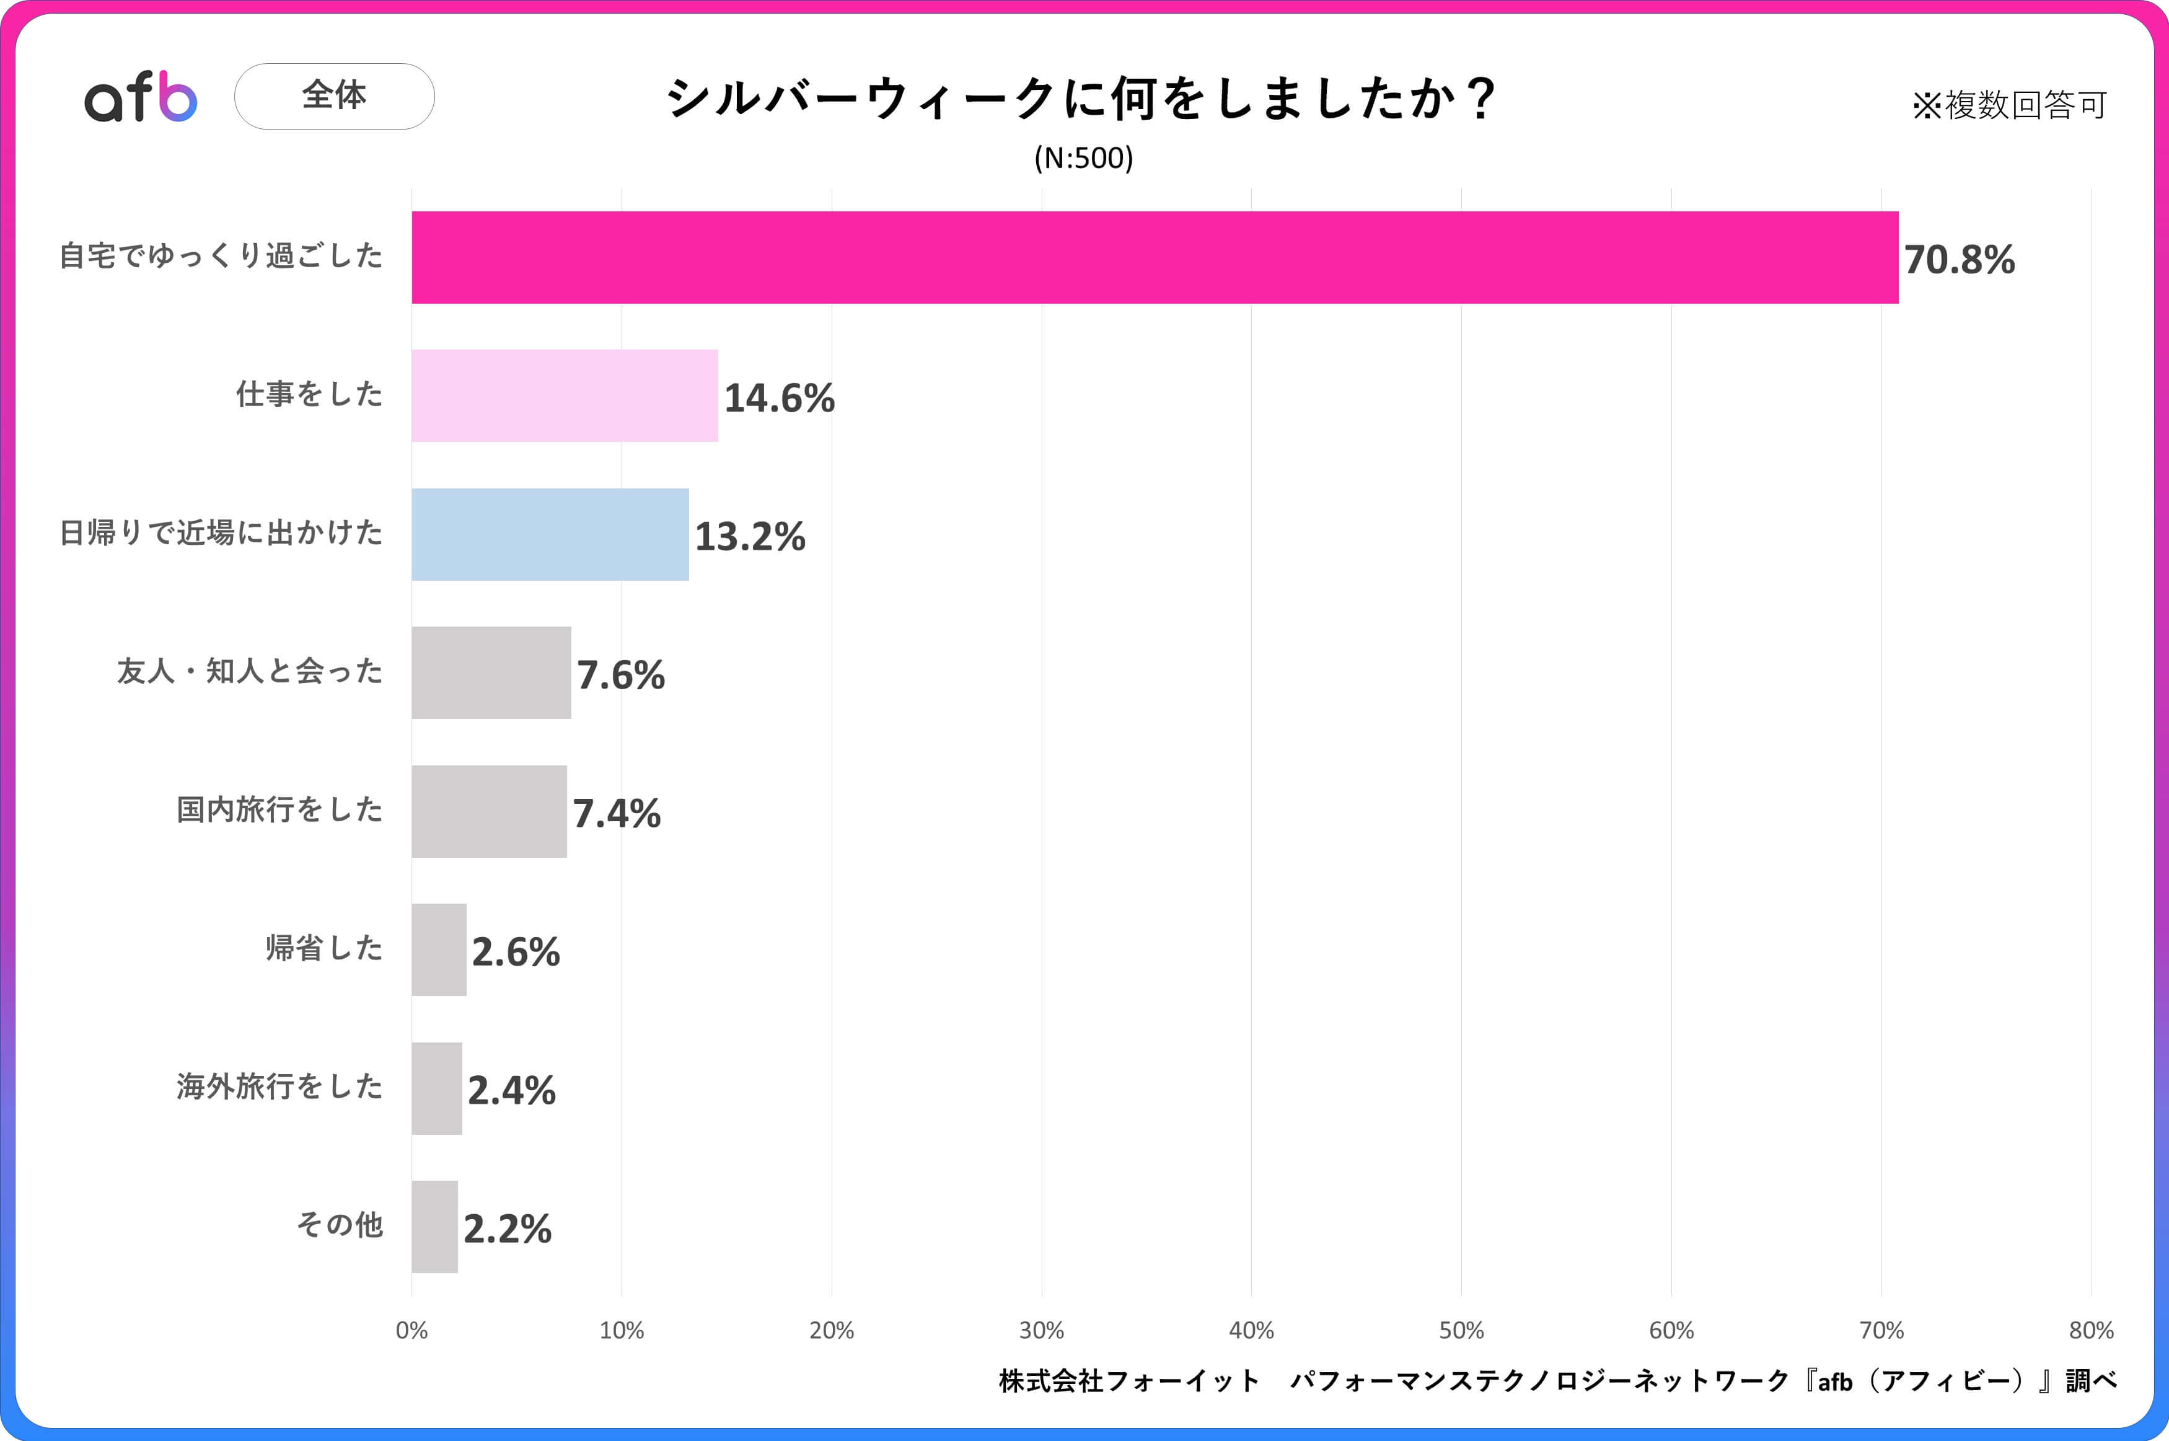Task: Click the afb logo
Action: coord(141,97)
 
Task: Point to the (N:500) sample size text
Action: coord(1084,158)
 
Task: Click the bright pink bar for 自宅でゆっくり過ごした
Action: coord(1155,257)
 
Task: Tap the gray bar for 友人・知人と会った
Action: coord(491,672)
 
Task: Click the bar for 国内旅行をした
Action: coord(489,811)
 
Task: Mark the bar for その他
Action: coord(434,1227)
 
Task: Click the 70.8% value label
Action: coord(1959,260)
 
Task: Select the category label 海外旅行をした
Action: coord(279,1086)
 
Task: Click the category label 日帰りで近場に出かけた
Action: coord(221,532)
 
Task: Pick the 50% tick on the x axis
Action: coord(1461,1330)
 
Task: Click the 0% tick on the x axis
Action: coord(411,1330)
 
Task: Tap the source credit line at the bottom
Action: coord(1557,1380)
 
